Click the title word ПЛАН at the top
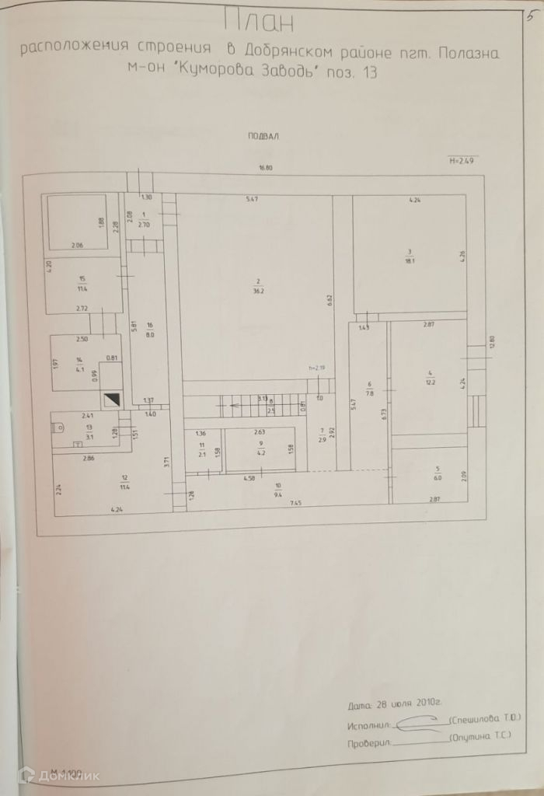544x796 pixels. click(x=259, y=21)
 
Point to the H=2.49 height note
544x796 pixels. click(x=462, y=161)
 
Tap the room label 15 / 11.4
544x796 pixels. click(x=82, y=283)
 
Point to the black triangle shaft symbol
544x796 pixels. click(x=113, y=400)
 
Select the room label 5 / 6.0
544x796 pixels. click(x=438, y=473)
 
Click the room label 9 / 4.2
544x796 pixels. click(x=261, y=447)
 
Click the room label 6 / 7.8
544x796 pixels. click(x=369, y=389)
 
